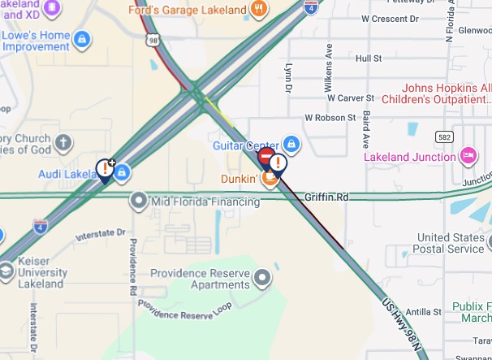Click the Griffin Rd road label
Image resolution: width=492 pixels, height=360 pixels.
pos(326,197)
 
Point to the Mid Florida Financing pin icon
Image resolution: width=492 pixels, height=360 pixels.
pos(139,201)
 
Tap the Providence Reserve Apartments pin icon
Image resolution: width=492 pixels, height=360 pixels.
pos(261,280)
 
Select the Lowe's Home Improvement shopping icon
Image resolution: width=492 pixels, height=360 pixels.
pos(81,38)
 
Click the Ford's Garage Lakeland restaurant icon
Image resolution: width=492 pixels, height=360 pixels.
pos(259,11)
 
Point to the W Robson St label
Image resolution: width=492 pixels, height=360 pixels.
pos(330,117)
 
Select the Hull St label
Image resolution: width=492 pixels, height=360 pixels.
pos(368,59)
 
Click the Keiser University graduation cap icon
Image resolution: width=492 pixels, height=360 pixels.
pos(6,271)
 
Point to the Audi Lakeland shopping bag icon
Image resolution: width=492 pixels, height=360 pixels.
pos(123,172)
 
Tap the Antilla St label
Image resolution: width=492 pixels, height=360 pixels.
pos(424,311)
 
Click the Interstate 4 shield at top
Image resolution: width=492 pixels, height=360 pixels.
pos(312,8)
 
